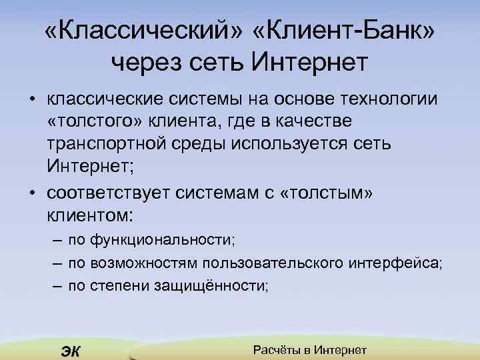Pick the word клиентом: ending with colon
tap(90, 215)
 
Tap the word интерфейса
tap(394, 263)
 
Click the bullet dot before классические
tap(32, 100)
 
